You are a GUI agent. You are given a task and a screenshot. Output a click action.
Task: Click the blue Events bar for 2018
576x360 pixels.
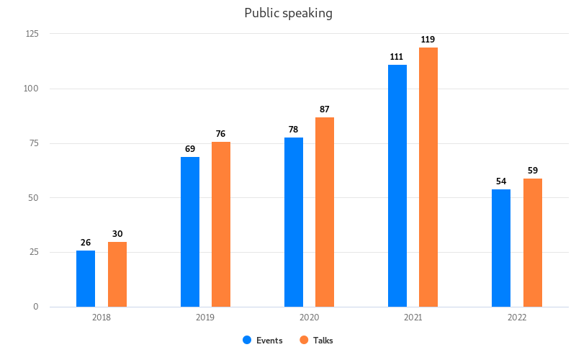(86, 279)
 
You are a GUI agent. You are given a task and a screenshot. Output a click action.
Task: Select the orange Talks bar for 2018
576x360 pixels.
(117, 274)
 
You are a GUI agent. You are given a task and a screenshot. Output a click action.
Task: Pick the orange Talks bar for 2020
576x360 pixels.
(325, 212)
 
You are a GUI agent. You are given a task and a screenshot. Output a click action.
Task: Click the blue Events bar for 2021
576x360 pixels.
(397, 186)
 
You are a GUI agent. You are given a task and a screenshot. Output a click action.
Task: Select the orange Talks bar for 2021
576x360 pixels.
(428, 177)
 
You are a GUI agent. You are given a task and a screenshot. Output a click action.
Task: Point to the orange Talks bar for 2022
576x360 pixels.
(533, 243)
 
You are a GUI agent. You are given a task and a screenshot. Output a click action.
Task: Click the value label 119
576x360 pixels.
(428, 40)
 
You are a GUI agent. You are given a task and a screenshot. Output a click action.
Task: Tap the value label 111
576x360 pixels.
(397, 57)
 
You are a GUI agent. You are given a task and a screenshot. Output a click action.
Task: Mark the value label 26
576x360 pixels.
(86, 243)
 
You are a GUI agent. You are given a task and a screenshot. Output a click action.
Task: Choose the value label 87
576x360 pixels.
(325, 109)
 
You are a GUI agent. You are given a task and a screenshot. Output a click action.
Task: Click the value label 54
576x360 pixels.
(501, 181)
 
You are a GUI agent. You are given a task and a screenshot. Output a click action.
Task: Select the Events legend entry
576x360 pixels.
(264, 341)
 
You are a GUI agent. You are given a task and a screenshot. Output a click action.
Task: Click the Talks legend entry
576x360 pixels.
(317, 341)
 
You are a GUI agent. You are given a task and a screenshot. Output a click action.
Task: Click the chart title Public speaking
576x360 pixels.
(288, 13)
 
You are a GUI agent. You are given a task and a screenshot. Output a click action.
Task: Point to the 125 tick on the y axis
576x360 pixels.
(32, 34)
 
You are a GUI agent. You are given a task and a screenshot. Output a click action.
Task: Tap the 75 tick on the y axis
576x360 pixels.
(34, 143)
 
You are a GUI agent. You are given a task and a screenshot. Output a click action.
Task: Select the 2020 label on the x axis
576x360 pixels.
(309, 318)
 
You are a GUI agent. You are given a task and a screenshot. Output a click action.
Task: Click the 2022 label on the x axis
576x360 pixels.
(517, 318)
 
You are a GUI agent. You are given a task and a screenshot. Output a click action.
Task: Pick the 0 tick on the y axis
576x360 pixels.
(36, 307)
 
